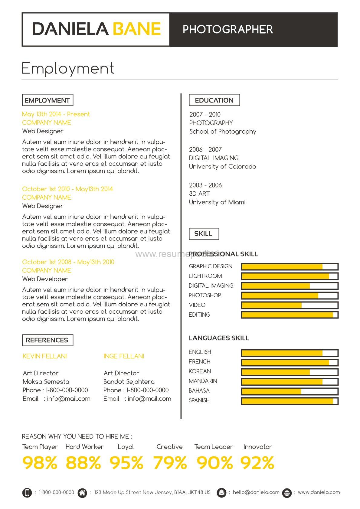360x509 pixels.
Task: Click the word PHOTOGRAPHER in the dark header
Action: point(227,29)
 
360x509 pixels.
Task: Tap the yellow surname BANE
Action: point(136,29)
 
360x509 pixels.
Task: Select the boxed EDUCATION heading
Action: point(214,100)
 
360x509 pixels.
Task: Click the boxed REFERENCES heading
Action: point(47,340)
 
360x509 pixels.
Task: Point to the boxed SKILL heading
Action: point(203,234)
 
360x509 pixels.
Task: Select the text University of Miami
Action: point(217,202)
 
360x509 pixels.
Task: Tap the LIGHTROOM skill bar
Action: point(290,276)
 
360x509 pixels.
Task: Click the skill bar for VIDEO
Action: point(290,305)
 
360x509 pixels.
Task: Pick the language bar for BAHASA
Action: point(290,391)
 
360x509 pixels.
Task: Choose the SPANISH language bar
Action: point(290,401)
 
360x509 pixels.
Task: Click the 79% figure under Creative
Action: point(170,463)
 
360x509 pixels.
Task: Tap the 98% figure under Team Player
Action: point(40,463)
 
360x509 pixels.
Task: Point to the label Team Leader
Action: point(214,447)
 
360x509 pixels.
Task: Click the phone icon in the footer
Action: point(27,493)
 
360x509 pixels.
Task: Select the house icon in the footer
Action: point(82,493)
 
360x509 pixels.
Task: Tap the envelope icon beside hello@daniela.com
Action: point(221,493)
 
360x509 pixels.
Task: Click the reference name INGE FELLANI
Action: point(124,356)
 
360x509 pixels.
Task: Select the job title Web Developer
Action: point(45,279)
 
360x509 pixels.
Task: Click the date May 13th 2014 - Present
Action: point(56,114)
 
